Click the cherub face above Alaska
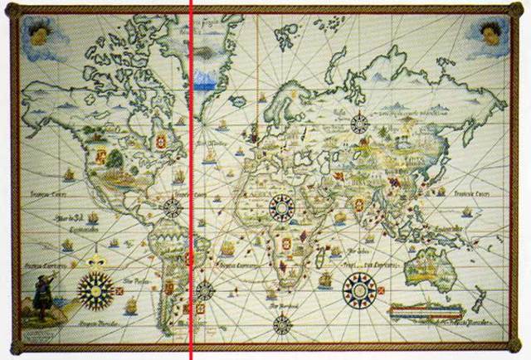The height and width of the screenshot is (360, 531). pyautogui.click(x=37, y=33)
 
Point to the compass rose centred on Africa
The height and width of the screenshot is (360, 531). pyautogui.click(x=284, y=207)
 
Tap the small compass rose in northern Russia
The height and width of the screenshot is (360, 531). pyautogui.click(x=359, y=124)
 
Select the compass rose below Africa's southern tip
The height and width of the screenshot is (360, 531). pyautogui.click(x=283, y=324)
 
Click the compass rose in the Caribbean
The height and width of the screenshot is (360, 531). pyautogui.click(x=173, y=207)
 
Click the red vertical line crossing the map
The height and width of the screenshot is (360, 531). pyautogui.click(x=191, y=166)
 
